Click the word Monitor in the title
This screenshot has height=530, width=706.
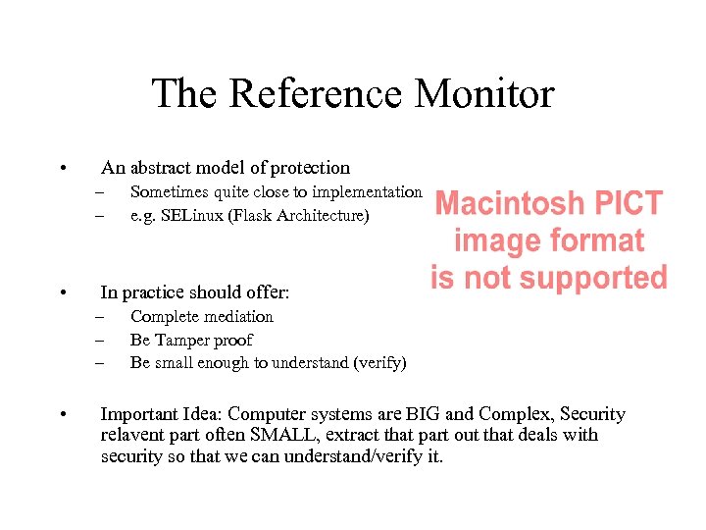pos(484,94)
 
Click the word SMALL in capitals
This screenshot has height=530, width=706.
pos(281,435)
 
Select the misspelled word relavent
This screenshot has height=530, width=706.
pos(131,435)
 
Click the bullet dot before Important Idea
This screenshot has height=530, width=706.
pos(63,415)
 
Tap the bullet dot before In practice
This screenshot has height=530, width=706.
pos(63,292)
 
